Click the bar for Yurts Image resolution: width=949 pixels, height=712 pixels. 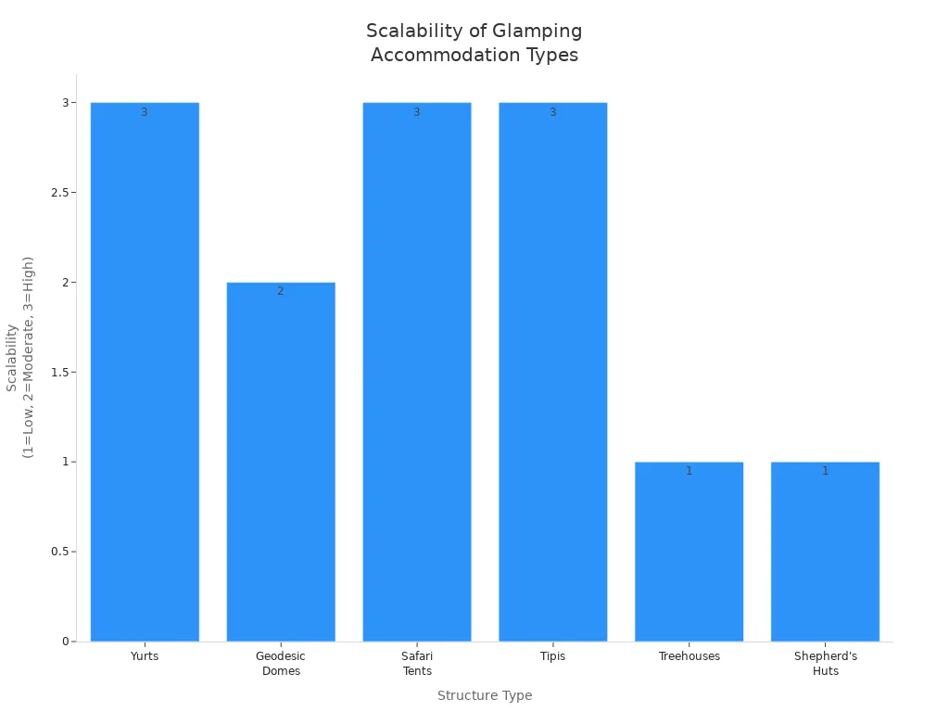pos(145,371)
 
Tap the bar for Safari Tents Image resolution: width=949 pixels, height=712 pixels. pos(417,371)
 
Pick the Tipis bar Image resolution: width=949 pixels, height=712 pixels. pos(553,371)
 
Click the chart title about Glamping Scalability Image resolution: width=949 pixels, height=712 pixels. pos(474,43)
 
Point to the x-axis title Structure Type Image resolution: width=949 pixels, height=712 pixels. pos(485,695)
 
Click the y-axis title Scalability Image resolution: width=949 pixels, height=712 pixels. pos(19,357)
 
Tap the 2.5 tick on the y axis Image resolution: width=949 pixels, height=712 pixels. pos(62,193)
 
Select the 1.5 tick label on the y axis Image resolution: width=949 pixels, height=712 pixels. pos(62,373)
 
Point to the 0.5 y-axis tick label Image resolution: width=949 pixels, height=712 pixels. pos(62,552)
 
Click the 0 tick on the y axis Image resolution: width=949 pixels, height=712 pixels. pos(66,642)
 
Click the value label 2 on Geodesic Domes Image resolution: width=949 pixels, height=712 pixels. pos(281,291)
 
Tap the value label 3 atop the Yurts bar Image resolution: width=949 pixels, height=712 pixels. pos(145,112)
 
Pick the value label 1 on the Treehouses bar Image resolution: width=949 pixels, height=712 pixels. pos(689,471)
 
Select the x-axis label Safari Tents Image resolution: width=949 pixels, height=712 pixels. pos(417,664)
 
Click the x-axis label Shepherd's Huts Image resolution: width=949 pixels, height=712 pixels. pos(825,664)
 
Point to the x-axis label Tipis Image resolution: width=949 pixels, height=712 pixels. pos(553,656)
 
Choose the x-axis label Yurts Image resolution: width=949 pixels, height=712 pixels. pos(145,656)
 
